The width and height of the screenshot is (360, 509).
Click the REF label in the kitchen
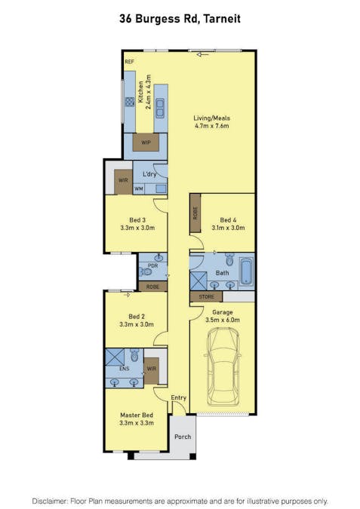click(129, 62)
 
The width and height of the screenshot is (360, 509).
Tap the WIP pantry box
click(146, 143)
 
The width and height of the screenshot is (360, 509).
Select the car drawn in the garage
click(223, 366)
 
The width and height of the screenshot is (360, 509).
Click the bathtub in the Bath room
click(247, 271)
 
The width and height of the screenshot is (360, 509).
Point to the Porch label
click(183, 437)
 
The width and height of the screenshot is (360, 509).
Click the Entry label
click(179, 397)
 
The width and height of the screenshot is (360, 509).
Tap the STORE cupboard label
click(207, 296)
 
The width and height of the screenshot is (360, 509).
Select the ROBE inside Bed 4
click(195, 213)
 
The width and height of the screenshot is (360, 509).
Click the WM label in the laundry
click(139, 189)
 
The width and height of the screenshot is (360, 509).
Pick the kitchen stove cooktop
click(130, 102)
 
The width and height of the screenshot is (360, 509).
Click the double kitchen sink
click(160, 109)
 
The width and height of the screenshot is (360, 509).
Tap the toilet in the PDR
click(145, 271)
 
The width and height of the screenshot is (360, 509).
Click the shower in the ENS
click(115, 357)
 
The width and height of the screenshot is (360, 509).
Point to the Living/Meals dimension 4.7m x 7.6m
click(212, 126)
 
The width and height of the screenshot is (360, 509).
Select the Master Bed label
click(137, 415)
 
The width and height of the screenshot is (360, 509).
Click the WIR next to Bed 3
click(123, 182)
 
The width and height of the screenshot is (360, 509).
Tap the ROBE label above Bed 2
click(152, 287)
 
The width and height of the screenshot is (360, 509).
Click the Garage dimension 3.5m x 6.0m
click(223, 320)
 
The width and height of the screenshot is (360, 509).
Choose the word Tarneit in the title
click(222, 19)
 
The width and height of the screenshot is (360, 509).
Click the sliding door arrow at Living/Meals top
click(203, 55)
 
